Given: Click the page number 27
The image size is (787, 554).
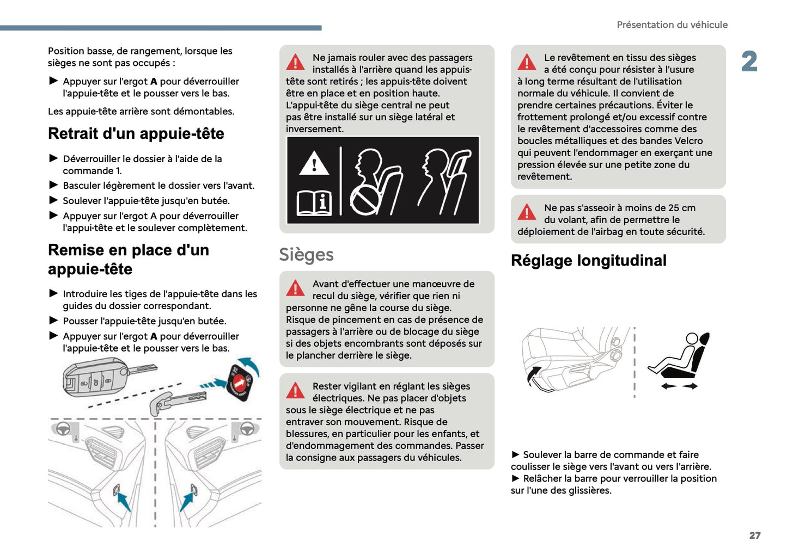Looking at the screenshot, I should coord(754,535).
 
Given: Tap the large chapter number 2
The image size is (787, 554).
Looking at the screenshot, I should coord(749,61).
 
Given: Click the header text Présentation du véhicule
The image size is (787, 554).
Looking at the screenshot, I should coord(672,25).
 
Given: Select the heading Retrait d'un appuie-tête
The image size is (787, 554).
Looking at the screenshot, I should coord(136,134).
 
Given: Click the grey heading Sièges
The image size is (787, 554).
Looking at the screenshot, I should coord(306,255).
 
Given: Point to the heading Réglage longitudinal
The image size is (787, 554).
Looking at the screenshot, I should coord(588,261).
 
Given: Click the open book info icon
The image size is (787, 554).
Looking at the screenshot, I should coord(314,203).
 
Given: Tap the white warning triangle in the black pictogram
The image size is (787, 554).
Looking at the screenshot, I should coord(314,164).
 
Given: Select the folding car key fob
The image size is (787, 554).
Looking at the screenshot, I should coord(98,376).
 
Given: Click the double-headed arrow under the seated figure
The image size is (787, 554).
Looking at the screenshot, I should coord(679,386).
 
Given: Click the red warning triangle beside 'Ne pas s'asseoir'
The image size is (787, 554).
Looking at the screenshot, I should coord(527,212).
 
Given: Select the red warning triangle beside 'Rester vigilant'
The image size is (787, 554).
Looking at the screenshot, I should coord(295,390).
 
